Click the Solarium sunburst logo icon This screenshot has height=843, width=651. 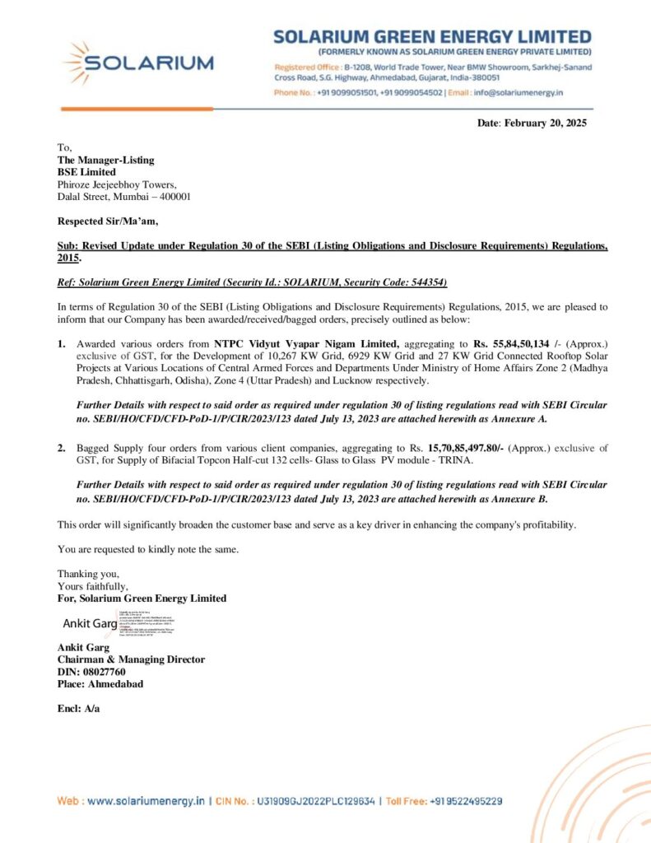79,63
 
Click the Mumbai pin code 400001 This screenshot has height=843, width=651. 173,197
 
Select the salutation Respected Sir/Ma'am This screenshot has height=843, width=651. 108,221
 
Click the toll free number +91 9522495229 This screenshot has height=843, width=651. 465,800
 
